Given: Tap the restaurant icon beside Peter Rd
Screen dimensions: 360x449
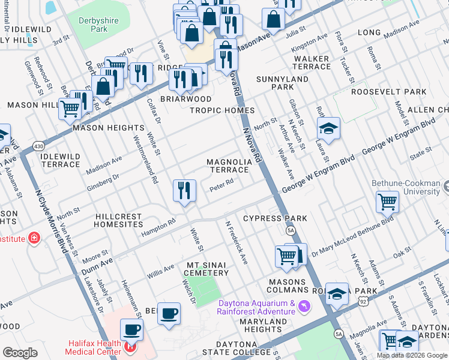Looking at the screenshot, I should pos(184,191).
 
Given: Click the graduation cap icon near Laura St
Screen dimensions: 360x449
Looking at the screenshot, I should pos(328,128).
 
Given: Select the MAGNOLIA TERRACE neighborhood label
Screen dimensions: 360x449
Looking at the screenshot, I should pos(229,166).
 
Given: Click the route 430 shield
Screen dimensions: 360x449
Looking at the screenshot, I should pos(38,146).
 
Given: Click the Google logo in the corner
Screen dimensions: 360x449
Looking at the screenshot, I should pos(20,353).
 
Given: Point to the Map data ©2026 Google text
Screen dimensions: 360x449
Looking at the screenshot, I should pos(412,355).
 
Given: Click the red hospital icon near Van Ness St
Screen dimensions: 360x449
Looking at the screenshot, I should pos(35,238).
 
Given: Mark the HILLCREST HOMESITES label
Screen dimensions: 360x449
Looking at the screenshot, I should pos(118,221).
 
